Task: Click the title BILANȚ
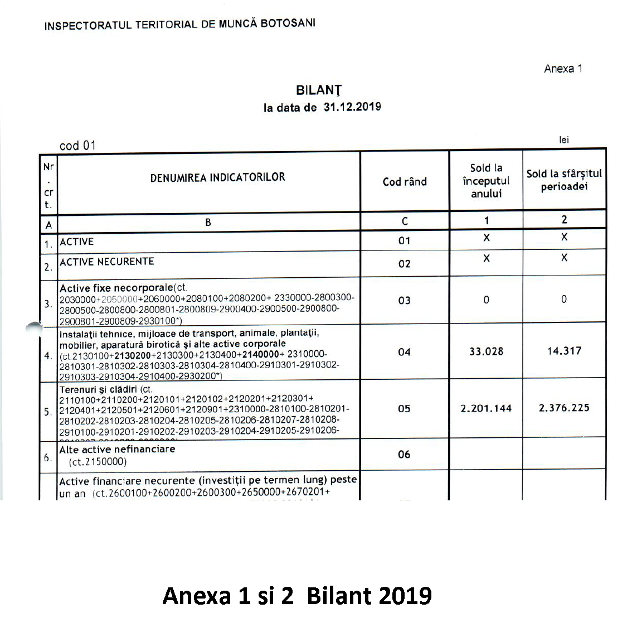(319, 90)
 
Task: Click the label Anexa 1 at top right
(563, 69)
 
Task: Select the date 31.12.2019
(352, 107)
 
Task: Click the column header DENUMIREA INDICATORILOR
(217, 177)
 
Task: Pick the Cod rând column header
(405, 181)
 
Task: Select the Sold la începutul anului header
(486, 181)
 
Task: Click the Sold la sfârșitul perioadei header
(564, 180)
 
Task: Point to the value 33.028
(486, 351)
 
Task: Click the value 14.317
(564, 351)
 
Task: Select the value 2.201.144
(486, 408)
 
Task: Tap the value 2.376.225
(564, 408)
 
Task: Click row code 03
(404, 301)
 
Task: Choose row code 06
(404, 455)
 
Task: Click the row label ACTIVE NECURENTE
(106, 262)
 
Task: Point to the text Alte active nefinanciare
(117, 449)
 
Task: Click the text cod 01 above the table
(77, 146)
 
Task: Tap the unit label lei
(564, 140)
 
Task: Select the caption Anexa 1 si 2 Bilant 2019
(297, 596)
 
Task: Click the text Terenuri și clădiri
(98, 389)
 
